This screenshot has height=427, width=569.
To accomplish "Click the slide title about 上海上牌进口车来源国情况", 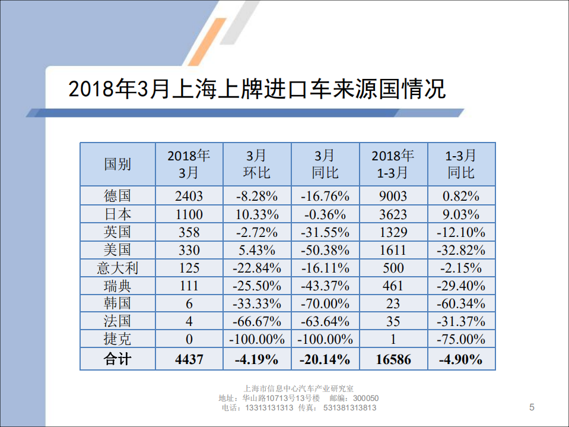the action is pos(256,90).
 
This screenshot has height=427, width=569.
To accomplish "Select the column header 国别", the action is pos(117,164).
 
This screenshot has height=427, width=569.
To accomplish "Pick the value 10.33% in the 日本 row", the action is pos(257,214).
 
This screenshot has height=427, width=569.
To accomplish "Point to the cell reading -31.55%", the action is pos(325,232).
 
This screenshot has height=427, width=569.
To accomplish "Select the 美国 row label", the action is pos(117,250).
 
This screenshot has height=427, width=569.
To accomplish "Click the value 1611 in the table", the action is pos(393,250).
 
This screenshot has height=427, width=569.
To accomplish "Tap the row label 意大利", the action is pos(117,268).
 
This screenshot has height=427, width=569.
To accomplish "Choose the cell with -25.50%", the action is pos(257,286).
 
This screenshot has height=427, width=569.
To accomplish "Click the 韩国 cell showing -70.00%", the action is pos(325,303).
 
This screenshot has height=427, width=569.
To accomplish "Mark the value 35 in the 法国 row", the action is pos(393,321).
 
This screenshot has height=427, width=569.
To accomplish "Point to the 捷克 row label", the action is pos(117,339).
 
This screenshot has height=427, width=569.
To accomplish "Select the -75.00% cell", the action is pos(461,339).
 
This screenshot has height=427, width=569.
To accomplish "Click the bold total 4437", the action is pos(189,359).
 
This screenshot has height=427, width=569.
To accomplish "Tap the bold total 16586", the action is pos(393,359).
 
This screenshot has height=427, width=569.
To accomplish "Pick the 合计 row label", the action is pos(117,359).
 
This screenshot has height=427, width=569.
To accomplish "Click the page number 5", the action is pos(532,407).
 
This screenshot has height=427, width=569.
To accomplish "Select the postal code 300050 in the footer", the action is pos(365,398).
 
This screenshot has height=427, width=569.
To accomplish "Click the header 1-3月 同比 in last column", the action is pos(461,164).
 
